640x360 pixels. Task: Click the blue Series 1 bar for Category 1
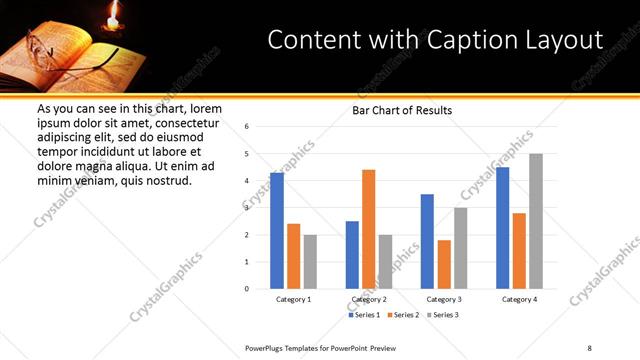click(277, 231)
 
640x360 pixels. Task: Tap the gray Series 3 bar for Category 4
click(536, 221)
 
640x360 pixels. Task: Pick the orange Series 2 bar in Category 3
click(444, 264)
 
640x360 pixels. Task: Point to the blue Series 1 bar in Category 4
click(503, 228)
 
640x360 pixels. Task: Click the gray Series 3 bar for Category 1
click(310, 262)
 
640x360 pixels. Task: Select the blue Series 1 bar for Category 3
click(427, 241)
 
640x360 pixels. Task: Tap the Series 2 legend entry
click(403, 315)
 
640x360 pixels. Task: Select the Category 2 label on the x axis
click(368, 299)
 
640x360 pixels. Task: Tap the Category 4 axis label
click(520, 299)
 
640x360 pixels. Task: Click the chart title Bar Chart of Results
click(402, 110)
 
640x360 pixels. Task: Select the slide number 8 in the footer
click(589, 346)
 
